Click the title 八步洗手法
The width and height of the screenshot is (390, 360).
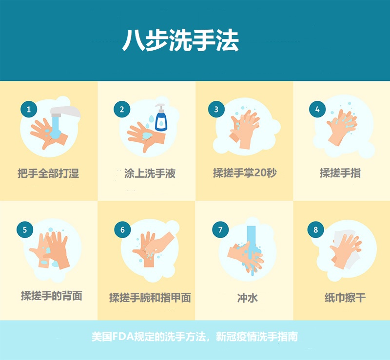tap(180, 40)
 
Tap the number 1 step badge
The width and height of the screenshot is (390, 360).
tap(29, 109)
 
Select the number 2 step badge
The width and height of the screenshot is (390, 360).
tap(122, 109)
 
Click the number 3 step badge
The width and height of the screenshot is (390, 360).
tap(216, 109)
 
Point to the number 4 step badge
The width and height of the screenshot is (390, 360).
tap(317, 109)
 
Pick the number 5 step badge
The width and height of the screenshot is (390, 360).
tap(25, 229)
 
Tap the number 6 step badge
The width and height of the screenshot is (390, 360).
tap(122, 229)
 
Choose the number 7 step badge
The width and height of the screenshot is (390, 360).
tap(220, 229)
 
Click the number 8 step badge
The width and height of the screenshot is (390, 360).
tap(315, 229)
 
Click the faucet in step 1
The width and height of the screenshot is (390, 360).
tap(65, 113)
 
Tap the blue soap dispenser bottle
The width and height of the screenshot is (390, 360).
tap(161, 117)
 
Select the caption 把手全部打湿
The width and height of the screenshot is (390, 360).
tap(48, 173)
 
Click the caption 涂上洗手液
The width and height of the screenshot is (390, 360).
tap(150, 173)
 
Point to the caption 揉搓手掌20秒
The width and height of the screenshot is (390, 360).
tap(245, 173)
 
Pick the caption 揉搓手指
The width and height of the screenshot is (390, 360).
tap(340, 173)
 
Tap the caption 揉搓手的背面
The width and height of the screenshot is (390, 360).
tap(52, 296)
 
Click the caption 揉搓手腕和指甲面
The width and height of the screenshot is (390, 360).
tap(150, 298)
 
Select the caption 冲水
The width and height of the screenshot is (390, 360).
tap(248, 298)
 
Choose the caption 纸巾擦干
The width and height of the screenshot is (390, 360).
tap(345, 297)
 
